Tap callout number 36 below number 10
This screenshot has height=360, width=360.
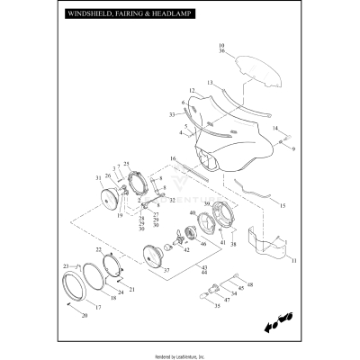coord(222,51)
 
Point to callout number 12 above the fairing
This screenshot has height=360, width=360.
coord(193,91)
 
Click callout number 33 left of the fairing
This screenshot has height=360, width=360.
coord(171,115)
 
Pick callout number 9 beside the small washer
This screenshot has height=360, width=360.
coord(293,147)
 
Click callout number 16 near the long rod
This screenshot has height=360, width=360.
coord(172,158)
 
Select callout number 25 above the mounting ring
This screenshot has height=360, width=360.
coord(127,164)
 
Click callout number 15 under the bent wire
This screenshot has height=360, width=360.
coord(282,206)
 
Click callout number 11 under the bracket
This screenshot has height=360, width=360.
coord(292,261)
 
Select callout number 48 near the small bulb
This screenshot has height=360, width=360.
coord(250,285)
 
